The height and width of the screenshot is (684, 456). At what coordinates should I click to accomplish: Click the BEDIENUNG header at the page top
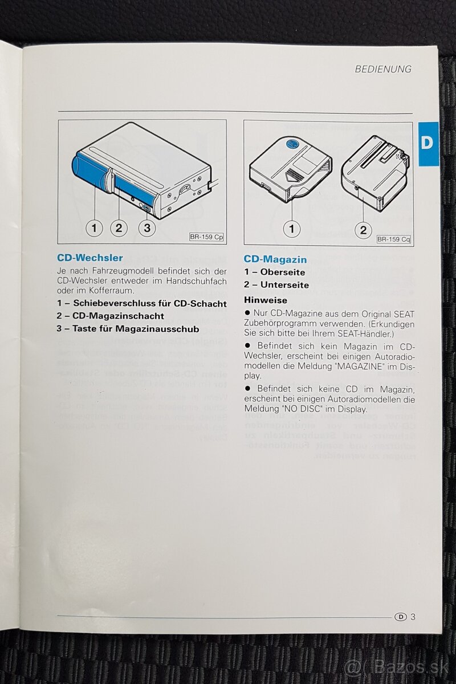[383, 69]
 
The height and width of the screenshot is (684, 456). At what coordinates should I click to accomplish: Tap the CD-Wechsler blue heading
[90, 258]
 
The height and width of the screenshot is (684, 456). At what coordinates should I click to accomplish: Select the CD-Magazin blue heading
[275, 259]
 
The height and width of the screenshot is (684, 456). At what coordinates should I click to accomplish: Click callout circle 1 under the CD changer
[95, 228]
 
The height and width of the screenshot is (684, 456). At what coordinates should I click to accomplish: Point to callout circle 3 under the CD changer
[147, 228]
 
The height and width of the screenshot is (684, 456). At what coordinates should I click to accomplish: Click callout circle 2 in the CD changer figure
[119, 228]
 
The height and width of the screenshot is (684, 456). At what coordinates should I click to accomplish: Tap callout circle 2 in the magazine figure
[363, 230]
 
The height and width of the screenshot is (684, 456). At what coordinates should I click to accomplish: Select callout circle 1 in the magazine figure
[292, 229]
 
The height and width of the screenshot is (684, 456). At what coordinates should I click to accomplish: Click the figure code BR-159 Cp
[206, 237]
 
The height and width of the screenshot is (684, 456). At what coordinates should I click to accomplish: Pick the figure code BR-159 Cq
[393, 239]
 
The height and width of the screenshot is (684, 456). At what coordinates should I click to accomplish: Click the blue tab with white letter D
[428, 144]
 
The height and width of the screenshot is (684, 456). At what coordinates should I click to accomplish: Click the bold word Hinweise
[266, 300]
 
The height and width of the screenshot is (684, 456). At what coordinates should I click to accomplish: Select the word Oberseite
[283, 272]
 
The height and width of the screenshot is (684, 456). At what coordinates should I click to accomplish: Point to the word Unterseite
[284, 285]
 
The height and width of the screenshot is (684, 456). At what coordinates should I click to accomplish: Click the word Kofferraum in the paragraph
[112, 290]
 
